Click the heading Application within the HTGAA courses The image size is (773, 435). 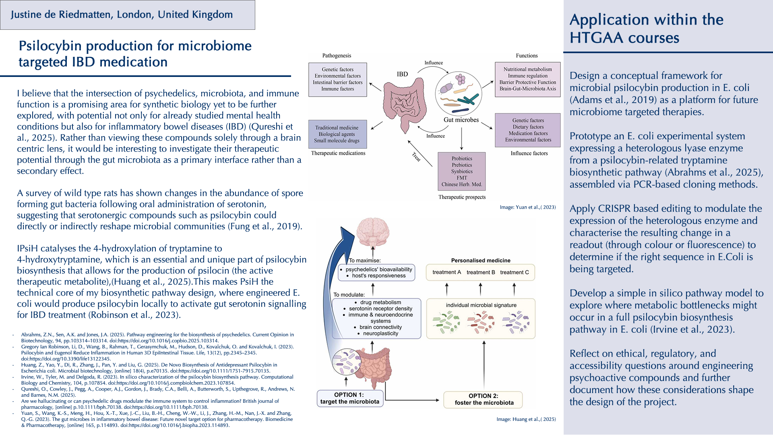[x=646, y=29]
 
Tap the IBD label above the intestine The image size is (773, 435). [x=402, y=74]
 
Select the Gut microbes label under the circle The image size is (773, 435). [x=461, y=120]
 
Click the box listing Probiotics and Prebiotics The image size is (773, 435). [x=462, y=171]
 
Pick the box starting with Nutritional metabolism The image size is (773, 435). [x=527, y=79]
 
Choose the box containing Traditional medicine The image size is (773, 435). [x=337, y=134]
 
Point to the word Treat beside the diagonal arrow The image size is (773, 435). [x=416, y=157]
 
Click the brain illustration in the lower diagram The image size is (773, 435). [x=373, y=233]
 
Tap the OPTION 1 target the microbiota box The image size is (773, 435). [x=350, y=398]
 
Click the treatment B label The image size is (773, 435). [x=481, y=272]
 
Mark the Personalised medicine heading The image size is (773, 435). [x=481, y=261]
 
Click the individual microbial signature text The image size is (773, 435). [x=481, y=305]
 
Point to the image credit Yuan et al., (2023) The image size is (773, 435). [x=528, y=207]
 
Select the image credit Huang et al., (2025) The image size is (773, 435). [x=526, y=419]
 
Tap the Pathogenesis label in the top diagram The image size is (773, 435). [x=337, y=56]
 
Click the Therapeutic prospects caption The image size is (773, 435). [x=462, y=197]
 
